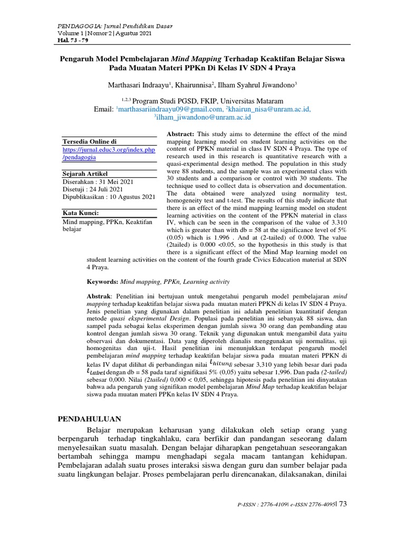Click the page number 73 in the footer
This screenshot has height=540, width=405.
pos(343,505)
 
